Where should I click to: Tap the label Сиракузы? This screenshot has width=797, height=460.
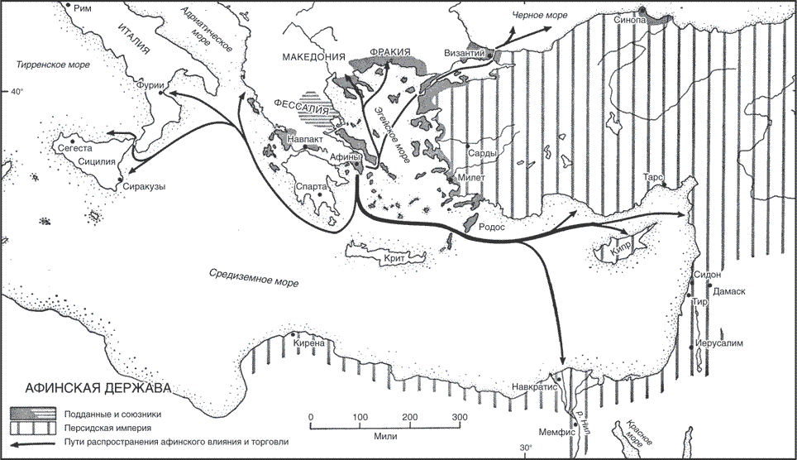tap(145, 186)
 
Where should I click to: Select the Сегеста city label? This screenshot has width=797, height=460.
tap(75, 149)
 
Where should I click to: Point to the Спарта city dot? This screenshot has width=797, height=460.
tap(320, 194)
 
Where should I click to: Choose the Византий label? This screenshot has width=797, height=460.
tap(465, 53)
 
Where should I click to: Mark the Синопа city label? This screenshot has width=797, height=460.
tap(630, 20)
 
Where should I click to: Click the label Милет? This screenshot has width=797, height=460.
tap(471, 178)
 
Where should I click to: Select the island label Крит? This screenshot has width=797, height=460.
tap(394, 258)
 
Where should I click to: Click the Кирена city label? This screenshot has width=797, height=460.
tap(309, 343)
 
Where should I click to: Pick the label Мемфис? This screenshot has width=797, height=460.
tap(556, 432)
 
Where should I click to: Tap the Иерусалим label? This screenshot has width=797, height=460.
tap(718, 343)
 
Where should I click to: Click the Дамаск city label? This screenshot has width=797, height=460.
tap(729, 291)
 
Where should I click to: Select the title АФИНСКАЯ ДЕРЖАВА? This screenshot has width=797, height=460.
tap(98, 388)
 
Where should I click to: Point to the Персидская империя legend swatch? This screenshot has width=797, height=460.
tap(32, 428)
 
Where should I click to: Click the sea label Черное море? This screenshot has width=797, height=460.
tap(539, 15)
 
